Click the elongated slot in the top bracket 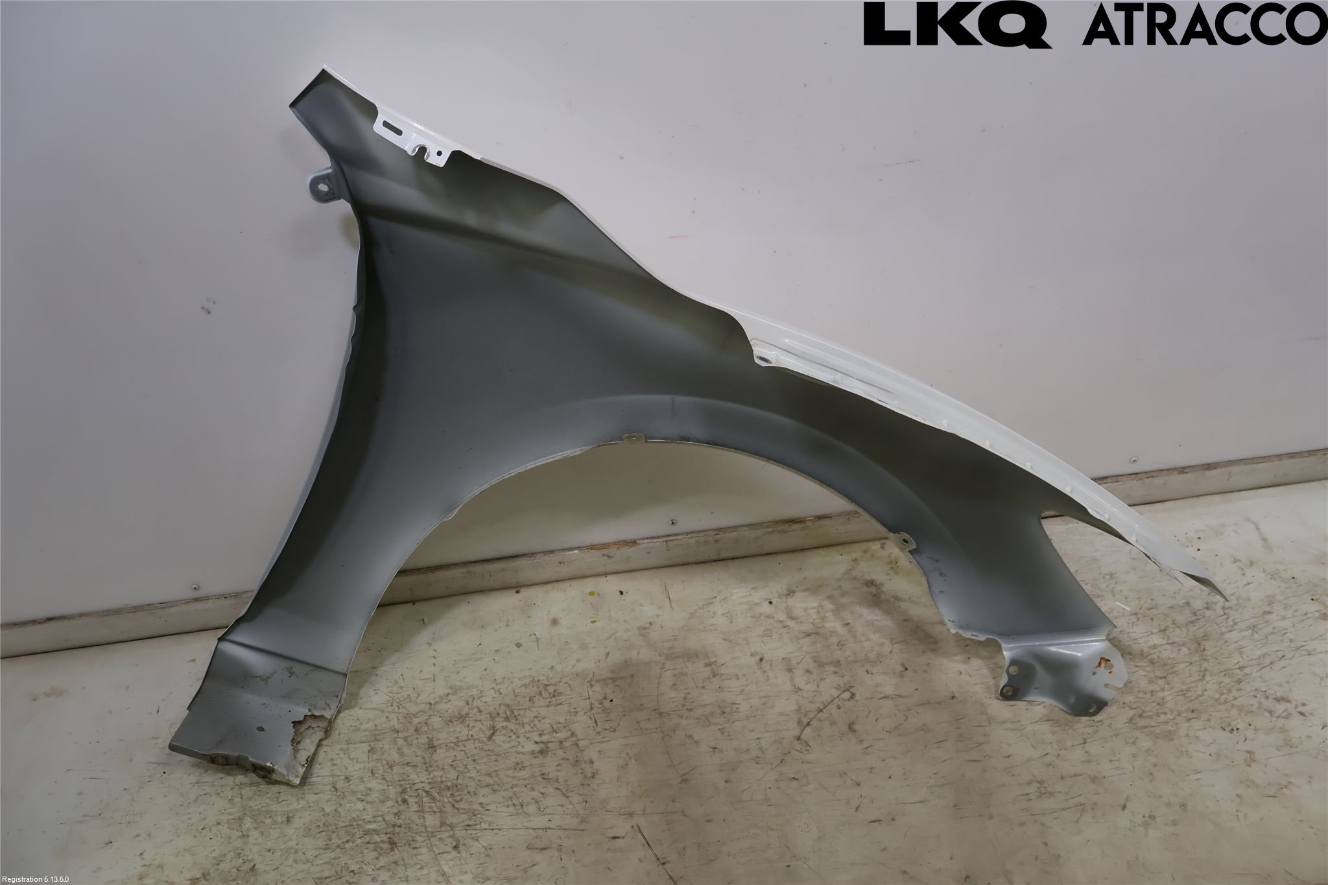[x=393, y=127]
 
